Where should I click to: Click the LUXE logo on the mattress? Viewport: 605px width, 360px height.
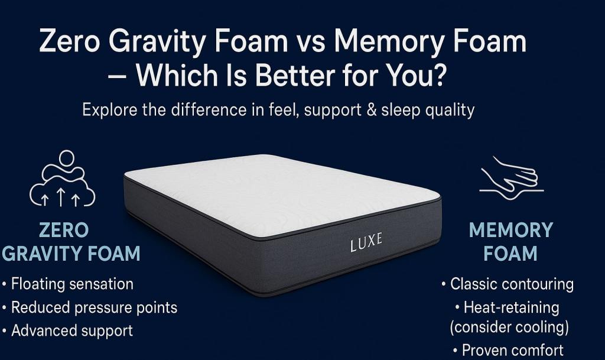pyautogui.click(x=366, y=241)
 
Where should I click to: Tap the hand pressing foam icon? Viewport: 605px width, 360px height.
pyautogui.click(x=510, y=175)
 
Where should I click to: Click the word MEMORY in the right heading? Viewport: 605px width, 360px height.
pyautogui.click(x=510, y=230)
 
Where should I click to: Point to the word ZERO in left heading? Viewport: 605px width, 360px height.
pyautogui.click(x=63, y=230)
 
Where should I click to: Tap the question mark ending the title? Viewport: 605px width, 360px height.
pyautogui.click(x=436, y=76)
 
